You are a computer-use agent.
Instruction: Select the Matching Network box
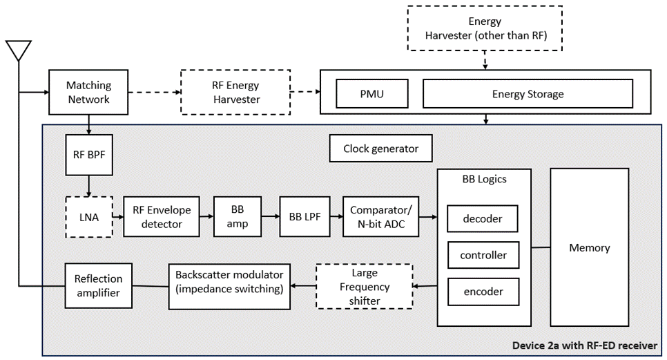pyautogui.click(x=88, y=93)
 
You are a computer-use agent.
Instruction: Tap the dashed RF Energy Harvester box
pyautogui.click(x=235, y=93)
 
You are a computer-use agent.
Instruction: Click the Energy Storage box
pyautogui.click(x=528, y=94)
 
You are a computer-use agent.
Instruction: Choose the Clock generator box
pyautogui.click(x=381, y=149)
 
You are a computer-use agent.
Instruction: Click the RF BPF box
pyautogui.click(x=88, y=154)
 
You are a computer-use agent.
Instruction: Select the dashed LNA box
pyautogui.click(x=88, y=217)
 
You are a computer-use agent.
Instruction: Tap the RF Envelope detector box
pyautogui.click(x=161, y=217)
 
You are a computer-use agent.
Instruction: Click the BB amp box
pyautogui.click(x=238, y=217)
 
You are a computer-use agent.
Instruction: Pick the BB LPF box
pyautogui.click(x=301, y=217)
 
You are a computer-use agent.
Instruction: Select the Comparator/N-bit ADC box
pyautogui.click(x=381, y=217)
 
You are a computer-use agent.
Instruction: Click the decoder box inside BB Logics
pyautogui.click(x=483, y=219)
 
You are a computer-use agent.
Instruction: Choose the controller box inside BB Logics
pyautogui.click(x=483, y=255)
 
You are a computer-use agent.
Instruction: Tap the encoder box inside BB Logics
pyautogui.click(x=483, y=292)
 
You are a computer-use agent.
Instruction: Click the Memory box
pyautogui.click(x=589, y=247)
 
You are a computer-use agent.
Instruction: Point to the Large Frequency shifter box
pyautogui.click(x=364, y=286)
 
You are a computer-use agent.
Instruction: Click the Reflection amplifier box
pyautogui.click(x=98, y=285)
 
